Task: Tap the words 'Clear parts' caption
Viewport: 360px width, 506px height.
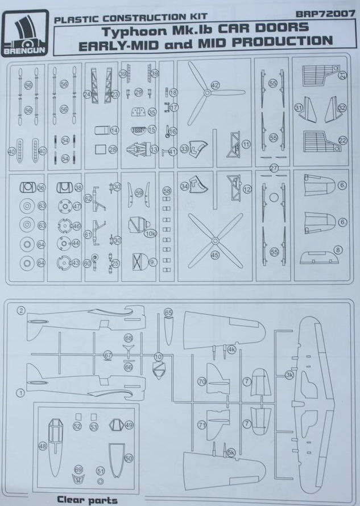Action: [87, 500]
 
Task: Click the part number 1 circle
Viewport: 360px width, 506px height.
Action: [21, 392]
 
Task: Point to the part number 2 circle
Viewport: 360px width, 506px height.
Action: [22, 310]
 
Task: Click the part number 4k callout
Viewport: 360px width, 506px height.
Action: [231, 350]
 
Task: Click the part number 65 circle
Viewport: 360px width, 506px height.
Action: [168, 312]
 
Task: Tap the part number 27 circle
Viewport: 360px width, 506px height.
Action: [274, 168]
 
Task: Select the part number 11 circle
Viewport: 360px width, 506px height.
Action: [246, 145]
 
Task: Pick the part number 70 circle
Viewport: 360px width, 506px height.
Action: [201, 382]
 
